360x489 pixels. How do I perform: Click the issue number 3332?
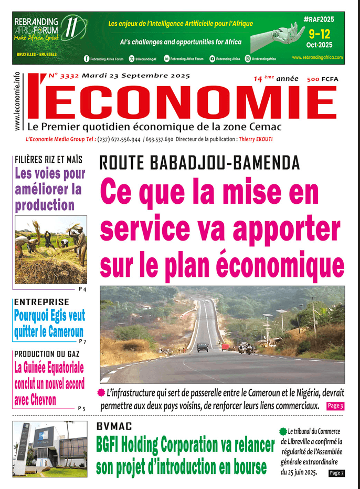tap(69, 76)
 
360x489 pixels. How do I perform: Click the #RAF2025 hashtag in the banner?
tap(319, 19)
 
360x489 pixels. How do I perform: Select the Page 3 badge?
tap(335, 405)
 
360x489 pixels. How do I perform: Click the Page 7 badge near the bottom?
tap(336, 473)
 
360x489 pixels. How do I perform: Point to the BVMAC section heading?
tap(114, 427)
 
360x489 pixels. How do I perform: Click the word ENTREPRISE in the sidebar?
tap(41, 302)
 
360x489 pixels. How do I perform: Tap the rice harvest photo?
tap(51, 249)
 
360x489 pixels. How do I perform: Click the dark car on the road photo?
tap(203, 347)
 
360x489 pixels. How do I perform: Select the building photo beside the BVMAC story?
tap(51, 449)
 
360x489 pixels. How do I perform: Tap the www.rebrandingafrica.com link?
tap(317, 57)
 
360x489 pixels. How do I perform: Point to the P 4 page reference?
tap(82, 289)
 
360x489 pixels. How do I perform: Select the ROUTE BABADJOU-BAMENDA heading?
tap(199, 163)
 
